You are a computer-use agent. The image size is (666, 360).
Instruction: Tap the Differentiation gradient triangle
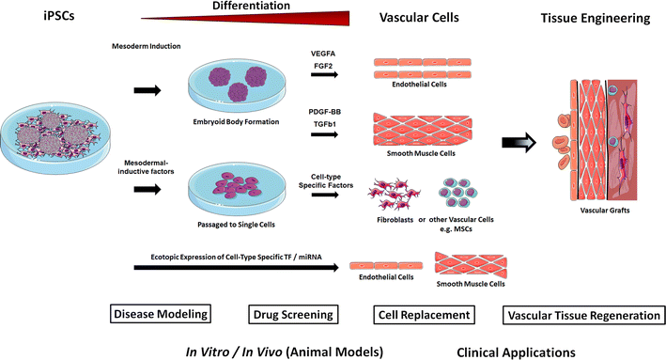click(282, 18)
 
